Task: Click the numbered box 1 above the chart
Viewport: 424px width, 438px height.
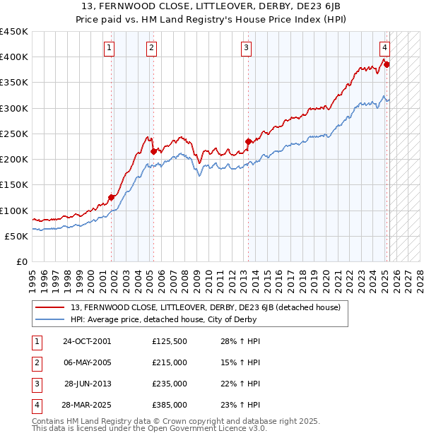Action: (110, 48)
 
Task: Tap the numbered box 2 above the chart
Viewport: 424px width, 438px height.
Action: (152, 48)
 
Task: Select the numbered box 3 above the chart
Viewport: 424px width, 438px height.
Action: (246, 48)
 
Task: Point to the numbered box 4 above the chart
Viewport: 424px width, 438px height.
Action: (384, 48)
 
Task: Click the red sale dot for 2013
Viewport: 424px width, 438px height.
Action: (249, 141)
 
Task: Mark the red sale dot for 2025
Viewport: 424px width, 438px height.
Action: (387, 65)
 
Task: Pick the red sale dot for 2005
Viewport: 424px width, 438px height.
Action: (153, 151)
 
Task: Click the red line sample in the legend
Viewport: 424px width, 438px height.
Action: (50, 307)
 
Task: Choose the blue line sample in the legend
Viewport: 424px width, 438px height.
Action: (50, 319)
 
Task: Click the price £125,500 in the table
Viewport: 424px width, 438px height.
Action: (170, 341)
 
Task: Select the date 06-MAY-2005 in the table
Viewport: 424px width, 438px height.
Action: (87, 362)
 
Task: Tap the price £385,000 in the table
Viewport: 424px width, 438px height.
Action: (170, 405)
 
